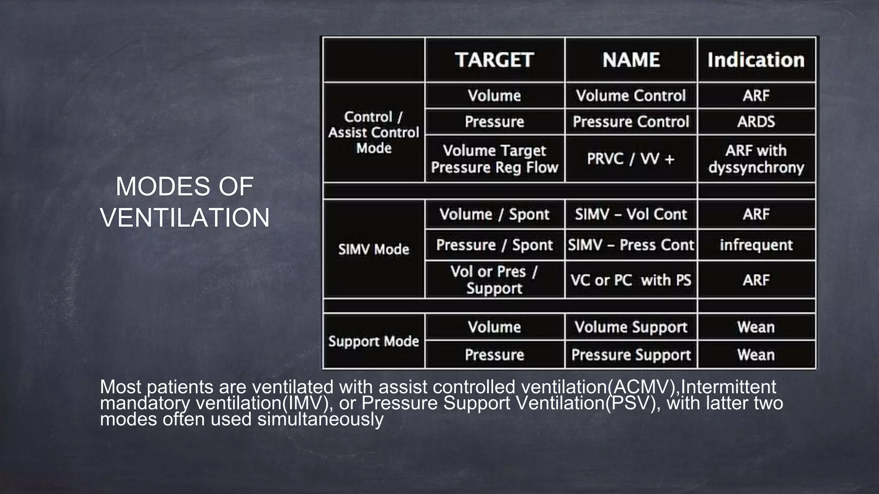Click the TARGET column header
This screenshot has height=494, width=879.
(494, 60)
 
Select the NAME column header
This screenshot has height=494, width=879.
(631, 60)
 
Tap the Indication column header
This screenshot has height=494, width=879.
(756, 60)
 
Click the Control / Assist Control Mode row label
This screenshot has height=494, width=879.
(373, 132)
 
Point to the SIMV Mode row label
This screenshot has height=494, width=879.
(373, 249)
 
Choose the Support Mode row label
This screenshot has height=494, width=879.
(373, 341)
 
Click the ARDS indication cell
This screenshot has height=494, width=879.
(756, 121)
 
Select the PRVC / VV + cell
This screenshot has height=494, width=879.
(631, 159)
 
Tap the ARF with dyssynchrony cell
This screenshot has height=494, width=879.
(756, 159)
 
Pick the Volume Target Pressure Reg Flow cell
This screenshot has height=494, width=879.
(494, 159)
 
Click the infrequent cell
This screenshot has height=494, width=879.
(756, 245)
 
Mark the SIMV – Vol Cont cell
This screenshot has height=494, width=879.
(631, 214)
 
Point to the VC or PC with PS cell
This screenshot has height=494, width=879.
(631, 280)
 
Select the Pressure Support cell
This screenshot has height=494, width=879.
(631, 355)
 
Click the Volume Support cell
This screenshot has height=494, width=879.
(631, 327)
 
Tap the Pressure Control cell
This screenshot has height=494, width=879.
(631, 121)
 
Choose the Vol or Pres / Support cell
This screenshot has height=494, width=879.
(494, 280)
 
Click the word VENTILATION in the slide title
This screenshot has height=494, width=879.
(185, 217)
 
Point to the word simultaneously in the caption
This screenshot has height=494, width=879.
(320, 419)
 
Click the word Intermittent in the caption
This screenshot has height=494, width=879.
(728, 387)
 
